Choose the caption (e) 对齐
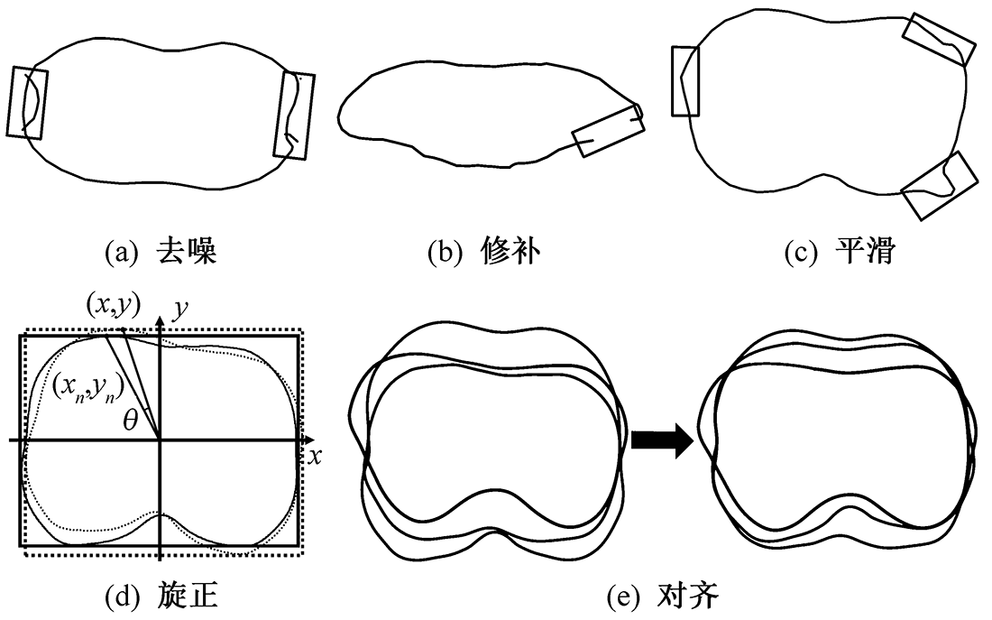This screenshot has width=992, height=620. tap(664, 596)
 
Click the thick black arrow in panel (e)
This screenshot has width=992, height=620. tap(661, 441)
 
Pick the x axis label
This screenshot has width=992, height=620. tap(315, 456)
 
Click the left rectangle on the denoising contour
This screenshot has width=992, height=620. tap(27, 101)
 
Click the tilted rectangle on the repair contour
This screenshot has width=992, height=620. tap(609, 130)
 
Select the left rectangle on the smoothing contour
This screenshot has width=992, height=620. tap(685, 81)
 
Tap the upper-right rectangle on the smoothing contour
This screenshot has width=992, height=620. tap(941, 40)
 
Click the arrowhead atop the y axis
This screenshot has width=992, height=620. tap(159, 313)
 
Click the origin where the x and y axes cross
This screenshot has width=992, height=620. tap(159, 440)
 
